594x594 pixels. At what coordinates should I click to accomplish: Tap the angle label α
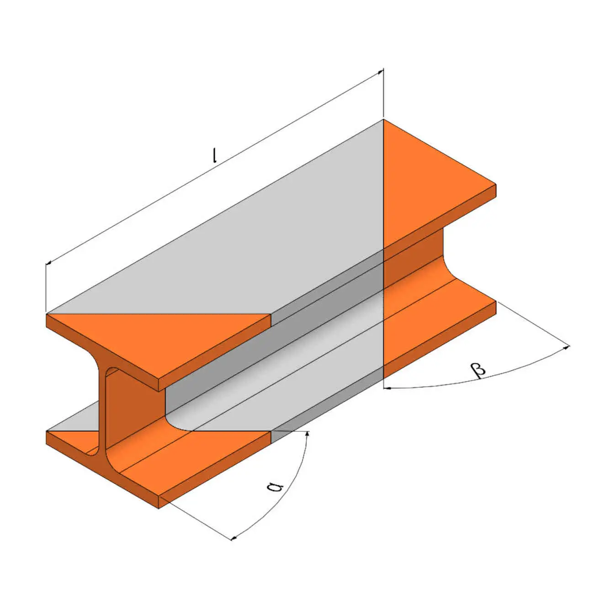coord(274,486)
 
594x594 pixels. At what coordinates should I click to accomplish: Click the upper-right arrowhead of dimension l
coord(380,72)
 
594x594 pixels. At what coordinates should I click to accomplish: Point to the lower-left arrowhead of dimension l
coord(48,263)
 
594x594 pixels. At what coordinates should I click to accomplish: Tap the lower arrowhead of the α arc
coord(234,538)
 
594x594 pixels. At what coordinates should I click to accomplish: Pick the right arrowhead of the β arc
coord(567,348)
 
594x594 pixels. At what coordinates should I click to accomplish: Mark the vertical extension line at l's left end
coord(46,288)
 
